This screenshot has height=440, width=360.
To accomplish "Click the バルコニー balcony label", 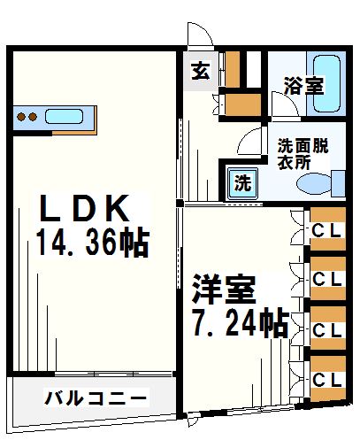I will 96,398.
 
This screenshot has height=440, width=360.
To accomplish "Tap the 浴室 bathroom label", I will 303,87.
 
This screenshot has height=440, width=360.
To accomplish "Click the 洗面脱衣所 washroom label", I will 303,154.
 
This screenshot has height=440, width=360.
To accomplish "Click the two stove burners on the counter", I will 27,116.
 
